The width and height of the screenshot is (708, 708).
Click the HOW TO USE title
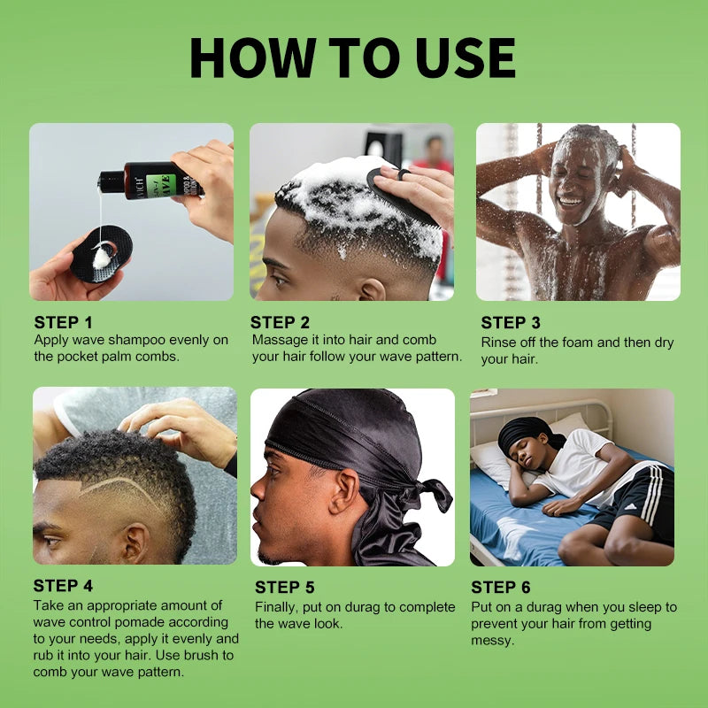tap(352, 58)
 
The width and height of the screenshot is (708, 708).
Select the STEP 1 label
tap(63, 322)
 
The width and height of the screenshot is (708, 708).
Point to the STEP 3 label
tap(511, 323)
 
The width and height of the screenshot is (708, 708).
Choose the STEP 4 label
tap(63, 586)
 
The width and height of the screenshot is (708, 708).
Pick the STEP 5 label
tap(285, 588)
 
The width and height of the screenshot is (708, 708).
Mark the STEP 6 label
tap(501, 587)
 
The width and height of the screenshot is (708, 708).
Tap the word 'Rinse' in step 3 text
tap(501, 342)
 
